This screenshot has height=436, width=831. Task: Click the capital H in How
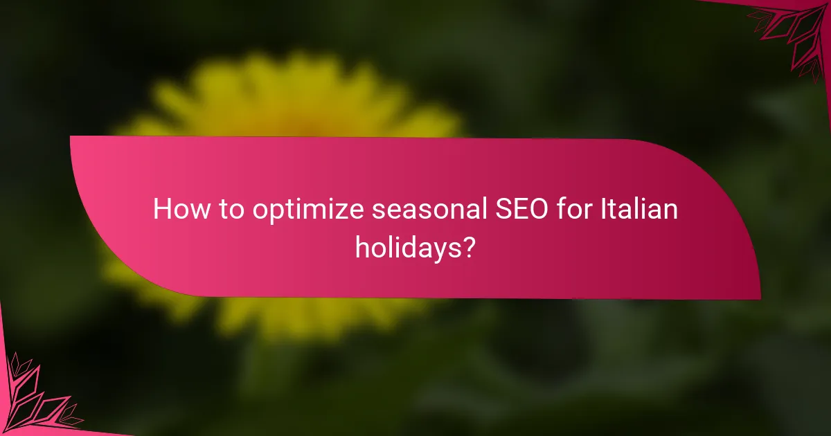(x=161, y=209)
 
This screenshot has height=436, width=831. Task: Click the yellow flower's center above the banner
(x=291, y=104)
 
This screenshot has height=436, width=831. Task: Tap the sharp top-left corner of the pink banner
(x=71, y=137)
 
